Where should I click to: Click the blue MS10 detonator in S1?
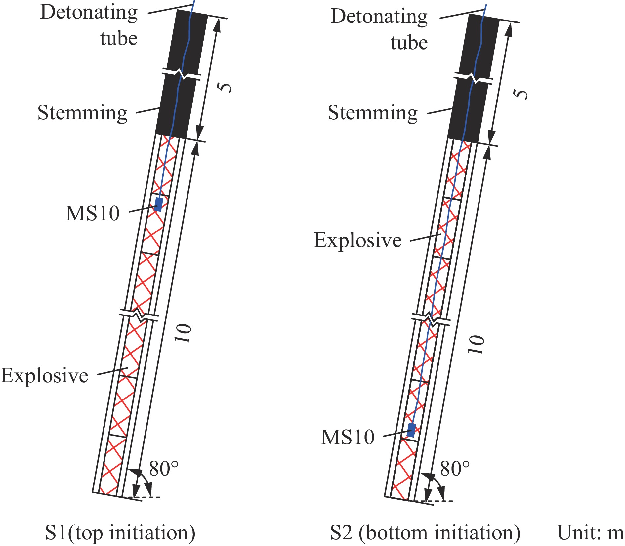coord(159,205)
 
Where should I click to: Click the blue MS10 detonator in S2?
coord(411,430)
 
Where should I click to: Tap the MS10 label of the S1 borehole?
coord(93,213)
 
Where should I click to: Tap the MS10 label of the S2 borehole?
coord(348,437)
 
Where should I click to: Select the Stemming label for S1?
coord(82,113)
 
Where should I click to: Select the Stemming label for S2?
coord(373,113)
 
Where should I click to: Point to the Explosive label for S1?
coord(44,376)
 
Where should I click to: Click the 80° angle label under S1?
coord(164,468)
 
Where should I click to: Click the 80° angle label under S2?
coord(455,468)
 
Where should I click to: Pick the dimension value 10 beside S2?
coord(476,345)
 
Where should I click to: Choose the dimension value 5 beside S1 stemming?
coord(225,87)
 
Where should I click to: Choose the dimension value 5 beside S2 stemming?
coord(521,94)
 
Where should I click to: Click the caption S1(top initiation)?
coord(120,533)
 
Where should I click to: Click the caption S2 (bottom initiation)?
coord(425,533)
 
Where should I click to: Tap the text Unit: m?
coord(590,532)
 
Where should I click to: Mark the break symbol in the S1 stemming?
coord(182,74)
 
